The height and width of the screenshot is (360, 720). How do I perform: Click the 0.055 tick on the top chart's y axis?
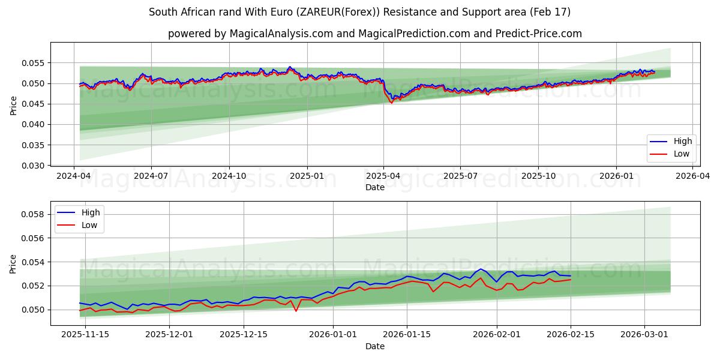(x=34, y=62)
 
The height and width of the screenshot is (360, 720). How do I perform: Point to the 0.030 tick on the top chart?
(x=34, y=166)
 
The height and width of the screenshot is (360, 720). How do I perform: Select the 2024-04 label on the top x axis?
(x=74, y=176)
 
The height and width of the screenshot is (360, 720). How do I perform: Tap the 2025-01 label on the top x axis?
(x=307, y=176)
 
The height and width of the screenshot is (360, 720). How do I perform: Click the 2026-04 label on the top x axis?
(x=693, y=176)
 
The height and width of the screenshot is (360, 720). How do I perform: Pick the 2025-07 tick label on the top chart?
(x=460, y=176)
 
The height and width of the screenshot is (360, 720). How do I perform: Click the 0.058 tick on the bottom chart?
(x=34, y=214)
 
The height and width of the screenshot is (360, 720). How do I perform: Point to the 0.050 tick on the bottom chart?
(x=34, y=310)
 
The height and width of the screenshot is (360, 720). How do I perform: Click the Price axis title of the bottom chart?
(x=13, y=263)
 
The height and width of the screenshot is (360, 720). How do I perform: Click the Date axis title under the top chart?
(x=374, y=187)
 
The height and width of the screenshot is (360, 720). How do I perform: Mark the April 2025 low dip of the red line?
(x=392, y=103)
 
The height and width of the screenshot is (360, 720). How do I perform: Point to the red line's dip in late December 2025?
(x=296, y=311)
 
